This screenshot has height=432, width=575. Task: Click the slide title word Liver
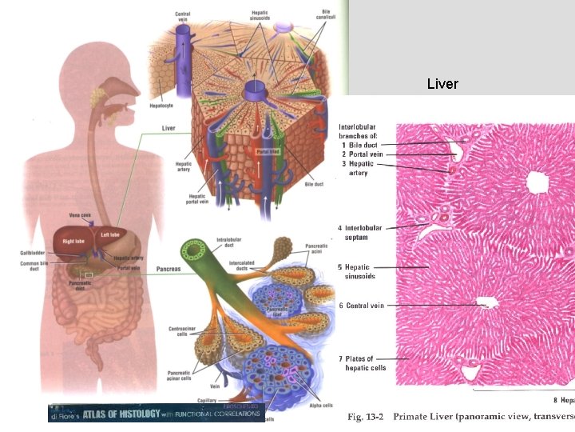click(x=442, y=83)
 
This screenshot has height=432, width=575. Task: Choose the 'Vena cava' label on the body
click(x=81, y=214)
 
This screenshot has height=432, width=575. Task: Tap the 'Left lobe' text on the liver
click(x=110, y=234)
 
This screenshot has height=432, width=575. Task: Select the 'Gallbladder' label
click(x=35, y=252)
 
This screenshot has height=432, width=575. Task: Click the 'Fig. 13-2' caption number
click(x=366, y=418)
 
